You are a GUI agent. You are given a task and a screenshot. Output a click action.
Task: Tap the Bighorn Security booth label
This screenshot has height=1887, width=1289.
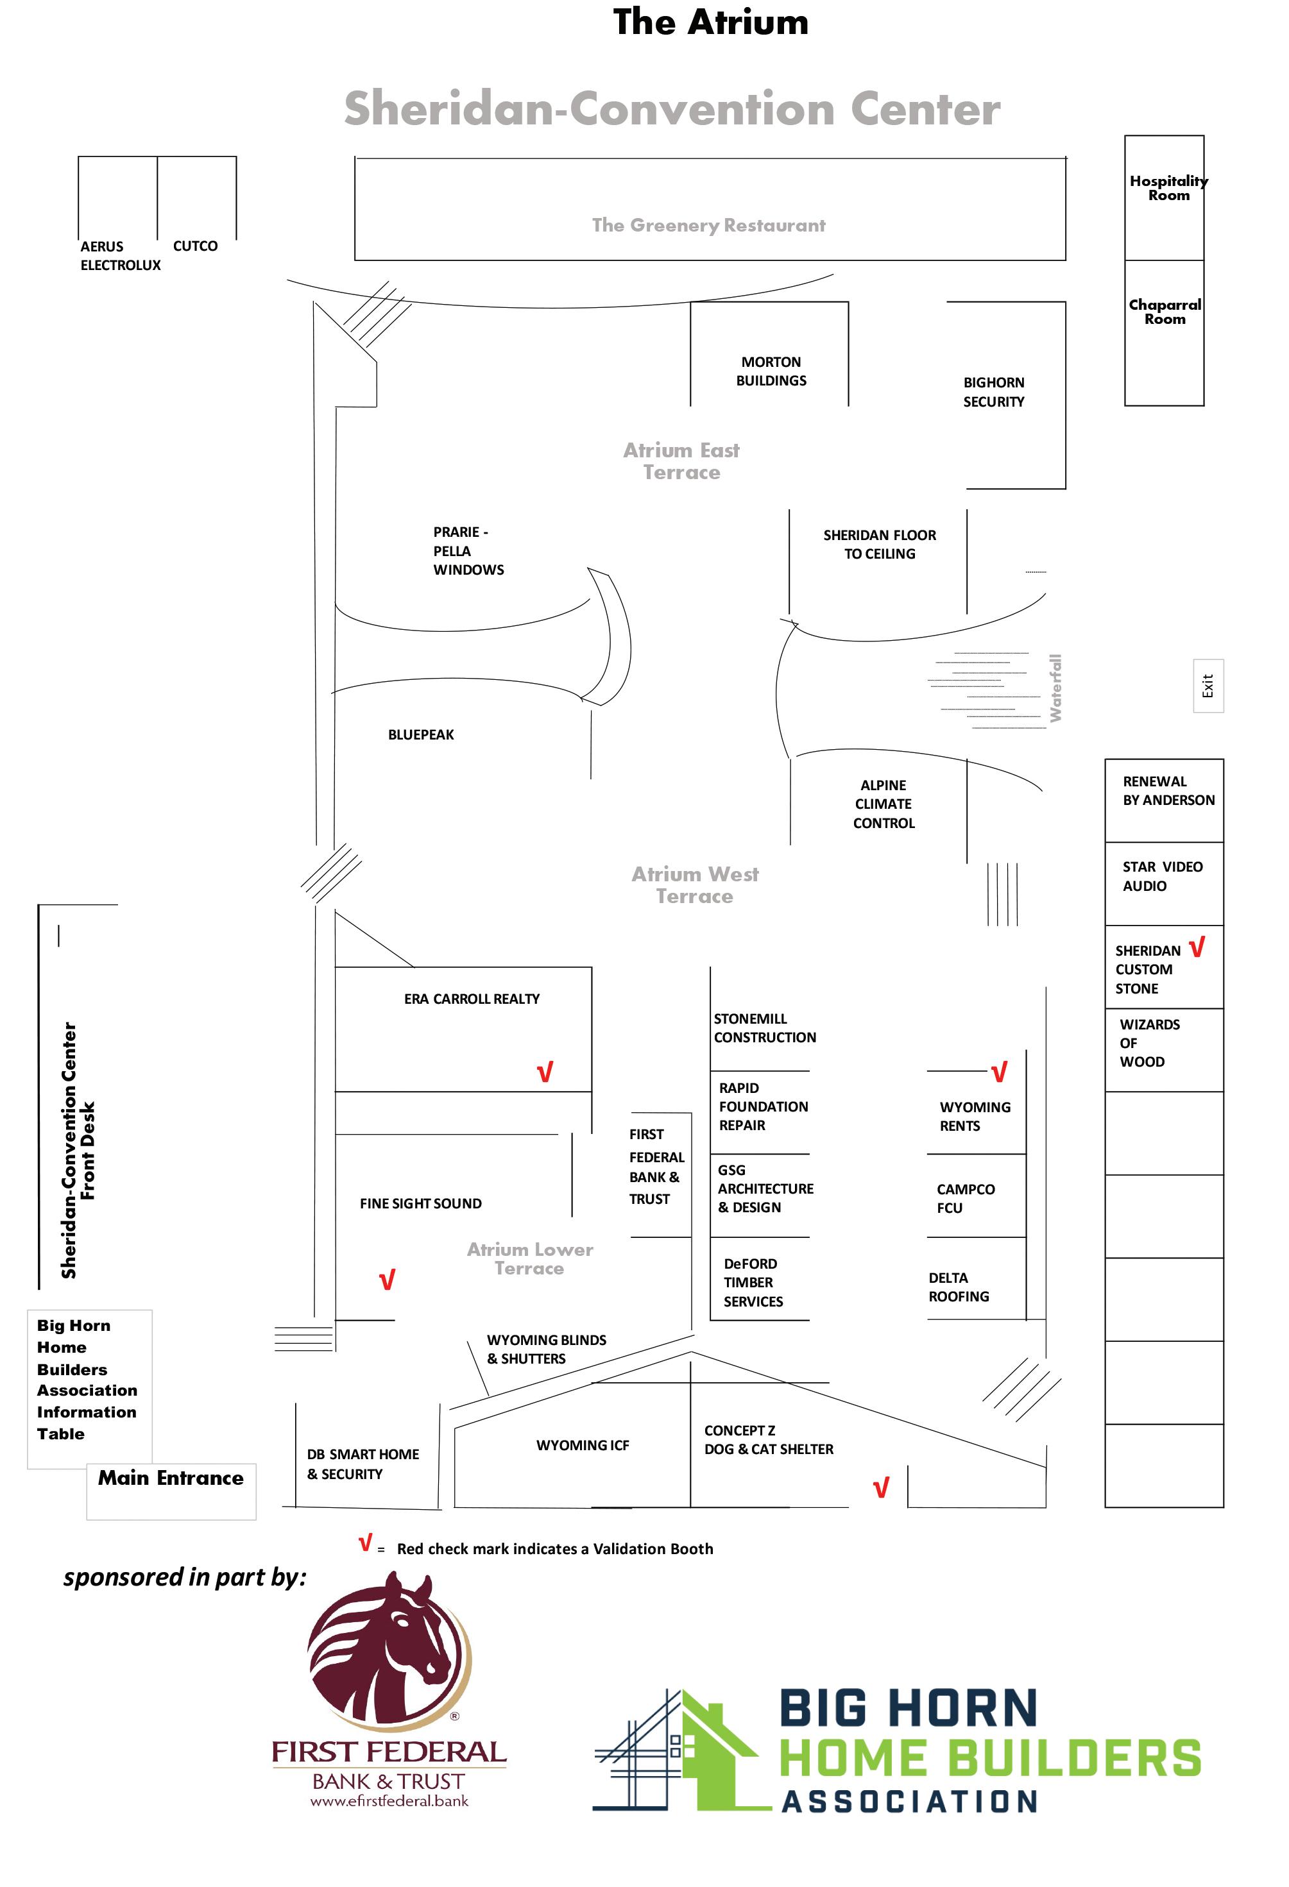coord(993,392)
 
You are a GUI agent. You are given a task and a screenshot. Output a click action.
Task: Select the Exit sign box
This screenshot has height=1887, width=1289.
coord(1208,686)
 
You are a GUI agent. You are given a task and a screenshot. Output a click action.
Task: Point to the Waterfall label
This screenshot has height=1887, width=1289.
coord(1055,688)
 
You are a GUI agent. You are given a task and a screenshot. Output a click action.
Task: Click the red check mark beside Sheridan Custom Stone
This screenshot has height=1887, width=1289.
coord(1197,947)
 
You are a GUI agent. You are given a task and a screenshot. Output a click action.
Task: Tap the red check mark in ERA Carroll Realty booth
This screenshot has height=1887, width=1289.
coord(545,1072)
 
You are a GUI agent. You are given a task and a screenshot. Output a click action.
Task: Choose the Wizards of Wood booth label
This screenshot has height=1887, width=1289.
coord(1149,1042)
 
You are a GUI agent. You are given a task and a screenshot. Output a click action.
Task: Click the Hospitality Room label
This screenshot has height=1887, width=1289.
coord(1168,187)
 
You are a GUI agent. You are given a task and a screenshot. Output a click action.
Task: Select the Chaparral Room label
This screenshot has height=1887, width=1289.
coord(1165,312)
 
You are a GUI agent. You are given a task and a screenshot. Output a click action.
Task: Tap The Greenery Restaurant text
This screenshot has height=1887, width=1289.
coord(708,225)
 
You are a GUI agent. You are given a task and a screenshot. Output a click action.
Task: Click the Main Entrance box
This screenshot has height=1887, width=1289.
coord(171,1491)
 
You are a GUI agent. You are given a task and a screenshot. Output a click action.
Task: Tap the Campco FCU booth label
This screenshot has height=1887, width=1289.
coord(965,1198)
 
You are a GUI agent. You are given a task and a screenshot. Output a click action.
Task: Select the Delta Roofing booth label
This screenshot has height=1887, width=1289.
coord(959,1287)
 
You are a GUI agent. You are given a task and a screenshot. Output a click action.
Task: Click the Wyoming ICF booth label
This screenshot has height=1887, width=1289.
coord(583,1445)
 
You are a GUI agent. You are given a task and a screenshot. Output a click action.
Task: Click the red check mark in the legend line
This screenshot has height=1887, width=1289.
coord(366,1542)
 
